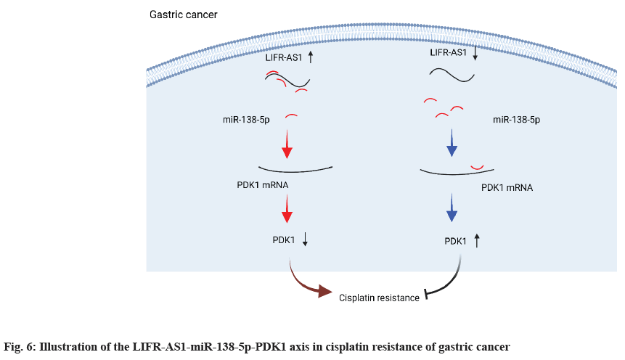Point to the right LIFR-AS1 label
[448, 53]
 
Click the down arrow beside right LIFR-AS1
[475, 54]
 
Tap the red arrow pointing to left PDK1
[287, 210]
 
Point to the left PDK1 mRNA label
[263, 184]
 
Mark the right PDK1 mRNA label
[507, 187]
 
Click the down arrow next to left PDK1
[305, 240]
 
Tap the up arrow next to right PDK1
[477, 240]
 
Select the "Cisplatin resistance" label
[379, 297]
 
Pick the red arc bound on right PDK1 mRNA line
[477, 169]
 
